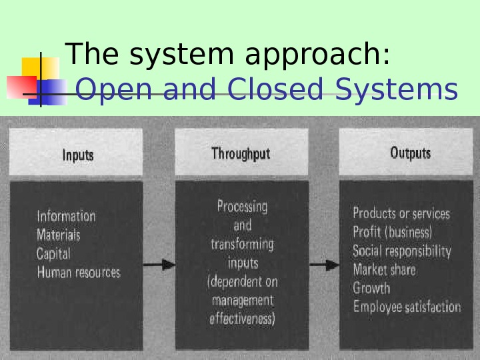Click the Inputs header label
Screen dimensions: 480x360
coord(78,155)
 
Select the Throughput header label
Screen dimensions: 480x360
coord(241,153)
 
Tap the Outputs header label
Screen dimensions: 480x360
coord(410,153)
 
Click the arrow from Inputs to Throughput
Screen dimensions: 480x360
coord(159,264)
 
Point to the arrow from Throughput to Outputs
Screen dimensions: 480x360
coord(324,264)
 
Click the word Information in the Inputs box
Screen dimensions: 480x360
coord(66,216)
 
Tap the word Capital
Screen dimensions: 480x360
coord(53,253)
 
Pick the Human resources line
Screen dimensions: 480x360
coord(79,272)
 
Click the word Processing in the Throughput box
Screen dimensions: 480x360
coord(242,206)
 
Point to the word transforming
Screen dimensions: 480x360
coord(242,244)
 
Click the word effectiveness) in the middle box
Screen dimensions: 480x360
coord(242,319)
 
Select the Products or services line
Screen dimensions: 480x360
coord(401,213)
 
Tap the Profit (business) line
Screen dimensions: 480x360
coord(392,232)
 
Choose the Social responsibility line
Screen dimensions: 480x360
coord(402,251)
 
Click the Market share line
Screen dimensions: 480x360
coord(384,269)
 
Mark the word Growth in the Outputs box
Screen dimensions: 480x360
coord(371,289)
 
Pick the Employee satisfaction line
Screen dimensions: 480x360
coord(407,307)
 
